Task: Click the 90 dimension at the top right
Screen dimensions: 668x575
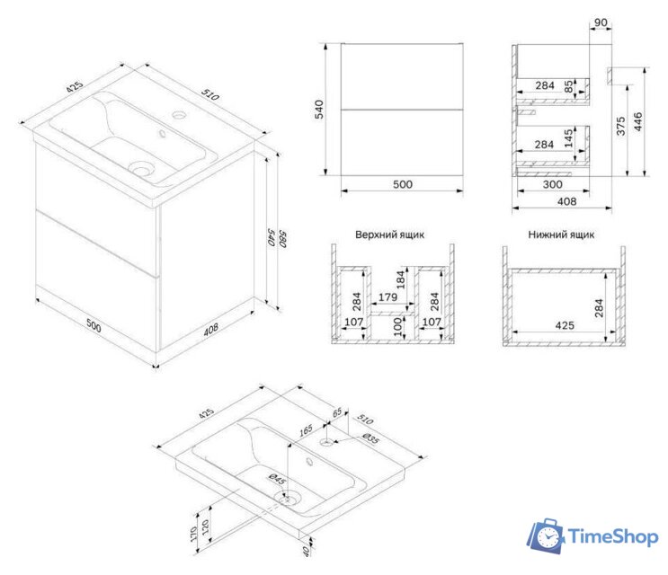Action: [x=601, y=22]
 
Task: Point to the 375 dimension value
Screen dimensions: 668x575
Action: [x=621, y=126]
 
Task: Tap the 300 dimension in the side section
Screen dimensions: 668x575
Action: [x=553, y=184]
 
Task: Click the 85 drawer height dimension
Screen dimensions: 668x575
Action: [x=569, y=87]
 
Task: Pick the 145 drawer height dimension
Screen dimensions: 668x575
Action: [x=569, y=138]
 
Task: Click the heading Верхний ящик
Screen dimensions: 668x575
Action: [x=390, y=234]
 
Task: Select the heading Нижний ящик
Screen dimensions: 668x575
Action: [x=561, y=234]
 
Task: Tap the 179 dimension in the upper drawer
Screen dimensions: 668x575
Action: [x=387, y=297]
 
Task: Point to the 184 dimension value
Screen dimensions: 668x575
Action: [x=400, y=279]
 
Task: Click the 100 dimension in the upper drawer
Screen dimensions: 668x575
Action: [x=397, y=326]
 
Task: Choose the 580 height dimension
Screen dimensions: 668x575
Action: [x=283, y=239]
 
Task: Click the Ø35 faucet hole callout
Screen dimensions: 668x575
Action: [x=370, y=438]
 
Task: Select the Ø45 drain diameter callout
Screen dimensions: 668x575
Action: [x=277, y=479]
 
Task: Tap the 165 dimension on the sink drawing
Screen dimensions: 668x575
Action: [x=306, y=430]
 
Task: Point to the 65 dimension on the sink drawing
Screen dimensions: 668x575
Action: [x=337, y=412]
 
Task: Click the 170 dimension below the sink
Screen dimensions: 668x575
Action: [x=194, y=534]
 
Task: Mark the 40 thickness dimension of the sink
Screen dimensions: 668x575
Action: [x=306, y=551]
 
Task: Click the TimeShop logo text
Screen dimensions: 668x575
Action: [x=613, y=536]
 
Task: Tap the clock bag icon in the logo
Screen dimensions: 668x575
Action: [x=547, y=536]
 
